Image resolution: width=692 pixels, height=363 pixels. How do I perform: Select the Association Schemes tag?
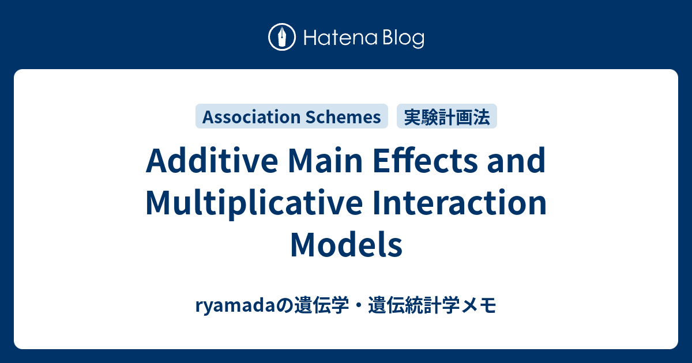coord(292,117)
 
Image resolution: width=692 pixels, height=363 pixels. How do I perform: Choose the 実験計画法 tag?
coord(447,117)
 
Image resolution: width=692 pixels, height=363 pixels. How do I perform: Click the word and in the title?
coord(520,162)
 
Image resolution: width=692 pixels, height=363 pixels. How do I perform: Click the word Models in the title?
coord(346,245)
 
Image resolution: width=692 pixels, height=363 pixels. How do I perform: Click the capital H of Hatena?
coord(308,38)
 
